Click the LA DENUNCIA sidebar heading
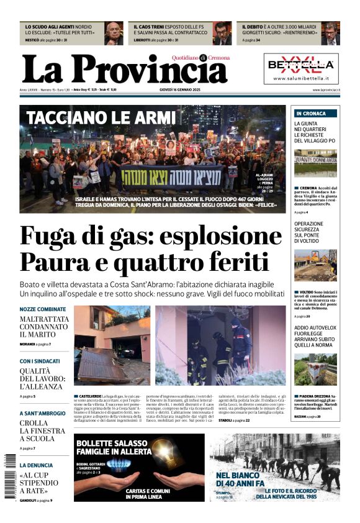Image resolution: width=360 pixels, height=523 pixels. click(36, 465)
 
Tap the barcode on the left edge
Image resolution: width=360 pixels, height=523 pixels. click(7, 476)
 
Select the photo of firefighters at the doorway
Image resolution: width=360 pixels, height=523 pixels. click(220, 345)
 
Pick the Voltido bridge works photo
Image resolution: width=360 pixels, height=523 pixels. click(316, 265)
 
